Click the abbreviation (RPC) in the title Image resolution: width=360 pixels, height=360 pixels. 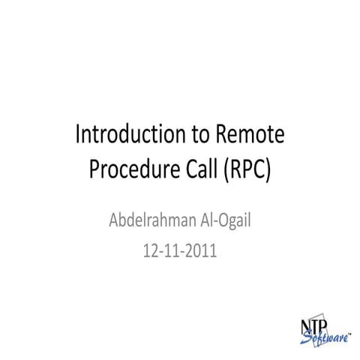click(247, 170)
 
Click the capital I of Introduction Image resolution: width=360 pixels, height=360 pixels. click(79, 136)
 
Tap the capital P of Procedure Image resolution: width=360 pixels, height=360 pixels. click(94, 169)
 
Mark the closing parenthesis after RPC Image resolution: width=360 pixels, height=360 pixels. click(268, 170)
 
